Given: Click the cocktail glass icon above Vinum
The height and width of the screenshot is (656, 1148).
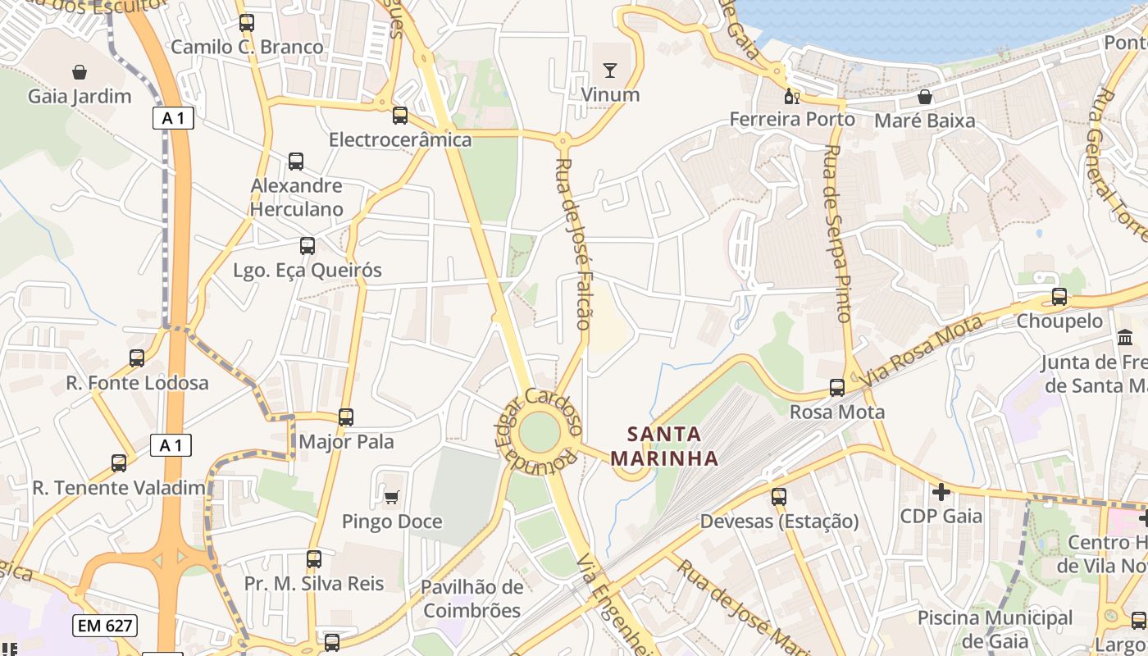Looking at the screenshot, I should [609, 70].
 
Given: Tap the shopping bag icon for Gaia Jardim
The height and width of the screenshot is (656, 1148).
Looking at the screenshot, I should [80, 72].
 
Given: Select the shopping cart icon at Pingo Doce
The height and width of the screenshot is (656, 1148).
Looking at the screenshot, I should [392, 497].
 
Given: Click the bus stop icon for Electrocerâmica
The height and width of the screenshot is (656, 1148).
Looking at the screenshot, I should [400, 116].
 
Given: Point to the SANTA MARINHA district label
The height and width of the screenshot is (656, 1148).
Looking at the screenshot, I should [665, 446].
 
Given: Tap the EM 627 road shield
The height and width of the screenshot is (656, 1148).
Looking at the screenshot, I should [104, 626].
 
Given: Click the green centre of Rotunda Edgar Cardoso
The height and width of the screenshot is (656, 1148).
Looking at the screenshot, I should [539, 432].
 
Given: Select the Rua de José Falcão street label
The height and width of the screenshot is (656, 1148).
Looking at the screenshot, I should [573, 244].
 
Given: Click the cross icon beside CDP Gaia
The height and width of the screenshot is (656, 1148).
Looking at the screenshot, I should [941, 492].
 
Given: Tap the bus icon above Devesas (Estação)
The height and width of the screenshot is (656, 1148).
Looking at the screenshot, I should [779, 496].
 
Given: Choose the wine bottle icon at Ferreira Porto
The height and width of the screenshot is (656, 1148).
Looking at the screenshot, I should [792, 97].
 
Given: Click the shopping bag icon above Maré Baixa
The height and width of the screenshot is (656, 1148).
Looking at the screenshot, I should [925, 97].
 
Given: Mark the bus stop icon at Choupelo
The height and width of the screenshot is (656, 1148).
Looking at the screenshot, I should [1059, 297].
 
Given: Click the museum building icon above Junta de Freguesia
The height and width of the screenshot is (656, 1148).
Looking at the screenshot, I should [1125, 337].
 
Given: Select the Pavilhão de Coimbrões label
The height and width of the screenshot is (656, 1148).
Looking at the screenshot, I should [471, 599].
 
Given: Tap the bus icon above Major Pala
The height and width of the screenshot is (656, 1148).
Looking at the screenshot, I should [346, 417].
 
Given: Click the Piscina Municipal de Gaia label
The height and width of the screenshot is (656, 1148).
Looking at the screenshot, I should [995, 628].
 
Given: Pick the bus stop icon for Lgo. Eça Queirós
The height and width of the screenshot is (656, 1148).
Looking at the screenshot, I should [307, 245].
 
